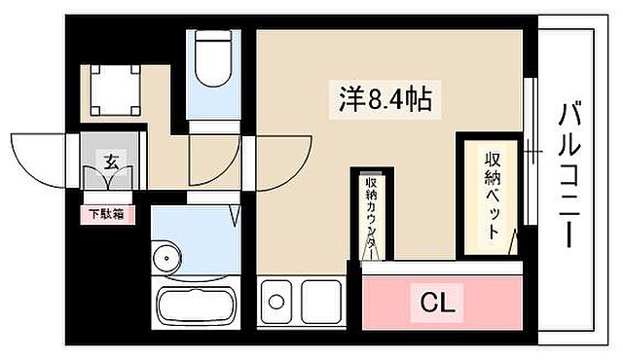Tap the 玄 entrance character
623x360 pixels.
pos(110,162)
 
